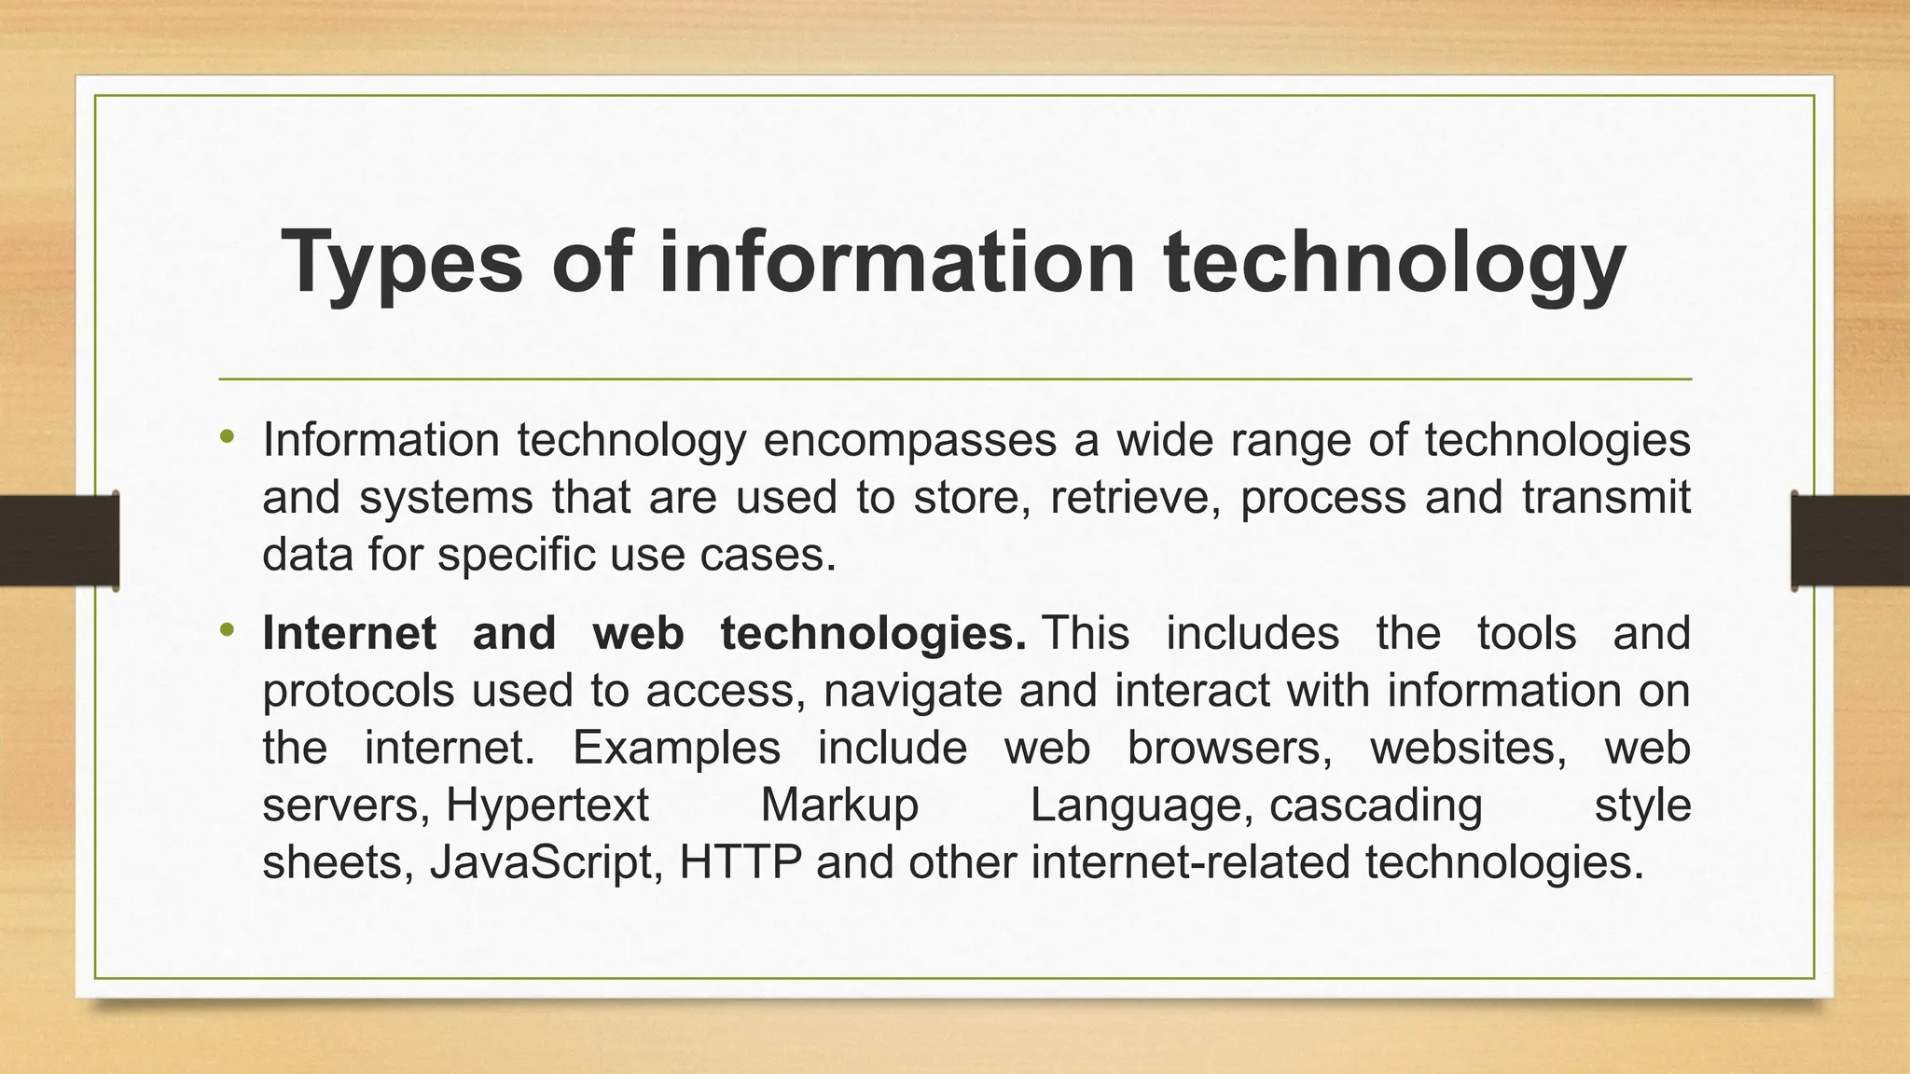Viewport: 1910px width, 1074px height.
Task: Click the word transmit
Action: tap(1606, 497)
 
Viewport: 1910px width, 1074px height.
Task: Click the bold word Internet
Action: tap(350, 634)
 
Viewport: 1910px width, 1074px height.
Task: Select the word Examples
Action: tap(676, 748)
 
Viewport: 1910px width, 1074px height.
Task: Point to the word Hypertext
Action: tap(547, 805)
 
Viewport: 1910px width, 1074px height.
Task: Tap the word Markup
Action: tap(839, 805)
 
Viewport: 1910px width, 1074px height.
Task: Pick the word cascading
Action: tap(1376, 805)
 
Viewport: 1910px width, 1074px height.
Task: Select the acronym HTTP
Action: tap(740, 862)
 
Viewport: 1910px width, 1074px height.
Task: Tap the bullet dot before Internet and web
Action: tap(226, 631)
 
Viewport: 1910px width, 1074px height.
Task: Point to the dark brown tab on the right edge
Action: tap(1850, 541)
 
